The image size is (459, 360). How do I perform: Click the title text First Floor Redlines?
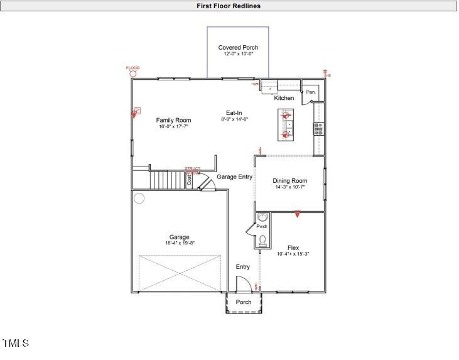[x=229, y=6]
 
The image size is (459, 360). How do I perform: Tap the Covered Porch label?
[x=238, y=48]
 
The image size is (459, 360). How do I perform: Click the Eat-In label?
[x=234, y=112]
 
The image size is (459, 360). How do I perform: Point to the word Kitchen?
[x=284, y=99]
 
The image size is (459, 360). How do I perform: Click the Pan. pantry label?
[x=311, y=92]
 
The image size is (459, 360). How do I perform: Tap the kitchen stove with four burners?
[x=318, y=129]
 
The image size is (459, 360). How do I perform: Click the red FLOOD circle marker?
[x=133, y=74]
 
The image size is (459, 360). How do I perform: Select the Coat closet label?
[x=189, y=180]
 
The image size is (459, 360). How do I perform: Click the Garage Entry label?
[x=234, y=177]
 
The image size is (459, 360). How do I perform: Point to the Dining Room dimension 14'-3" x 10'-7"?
[x=289, y=187]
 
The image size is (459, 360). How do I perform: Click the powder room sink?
[x=262, y=217]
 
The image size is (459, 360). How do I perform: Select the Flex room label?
[x=293, y=247]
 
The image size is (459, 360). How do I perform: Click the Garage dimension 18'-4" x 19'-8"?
[x=179, y=244]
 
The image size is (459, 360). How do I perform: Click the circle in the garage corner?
[x=139, y=199]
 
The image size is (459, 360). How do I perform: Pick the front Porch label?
[x=244, y=302]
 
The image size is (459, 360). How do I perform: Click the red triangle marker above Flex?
[x=298, y=214]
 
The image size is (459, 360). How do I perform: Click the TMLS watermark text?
[x=16, y=343]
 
